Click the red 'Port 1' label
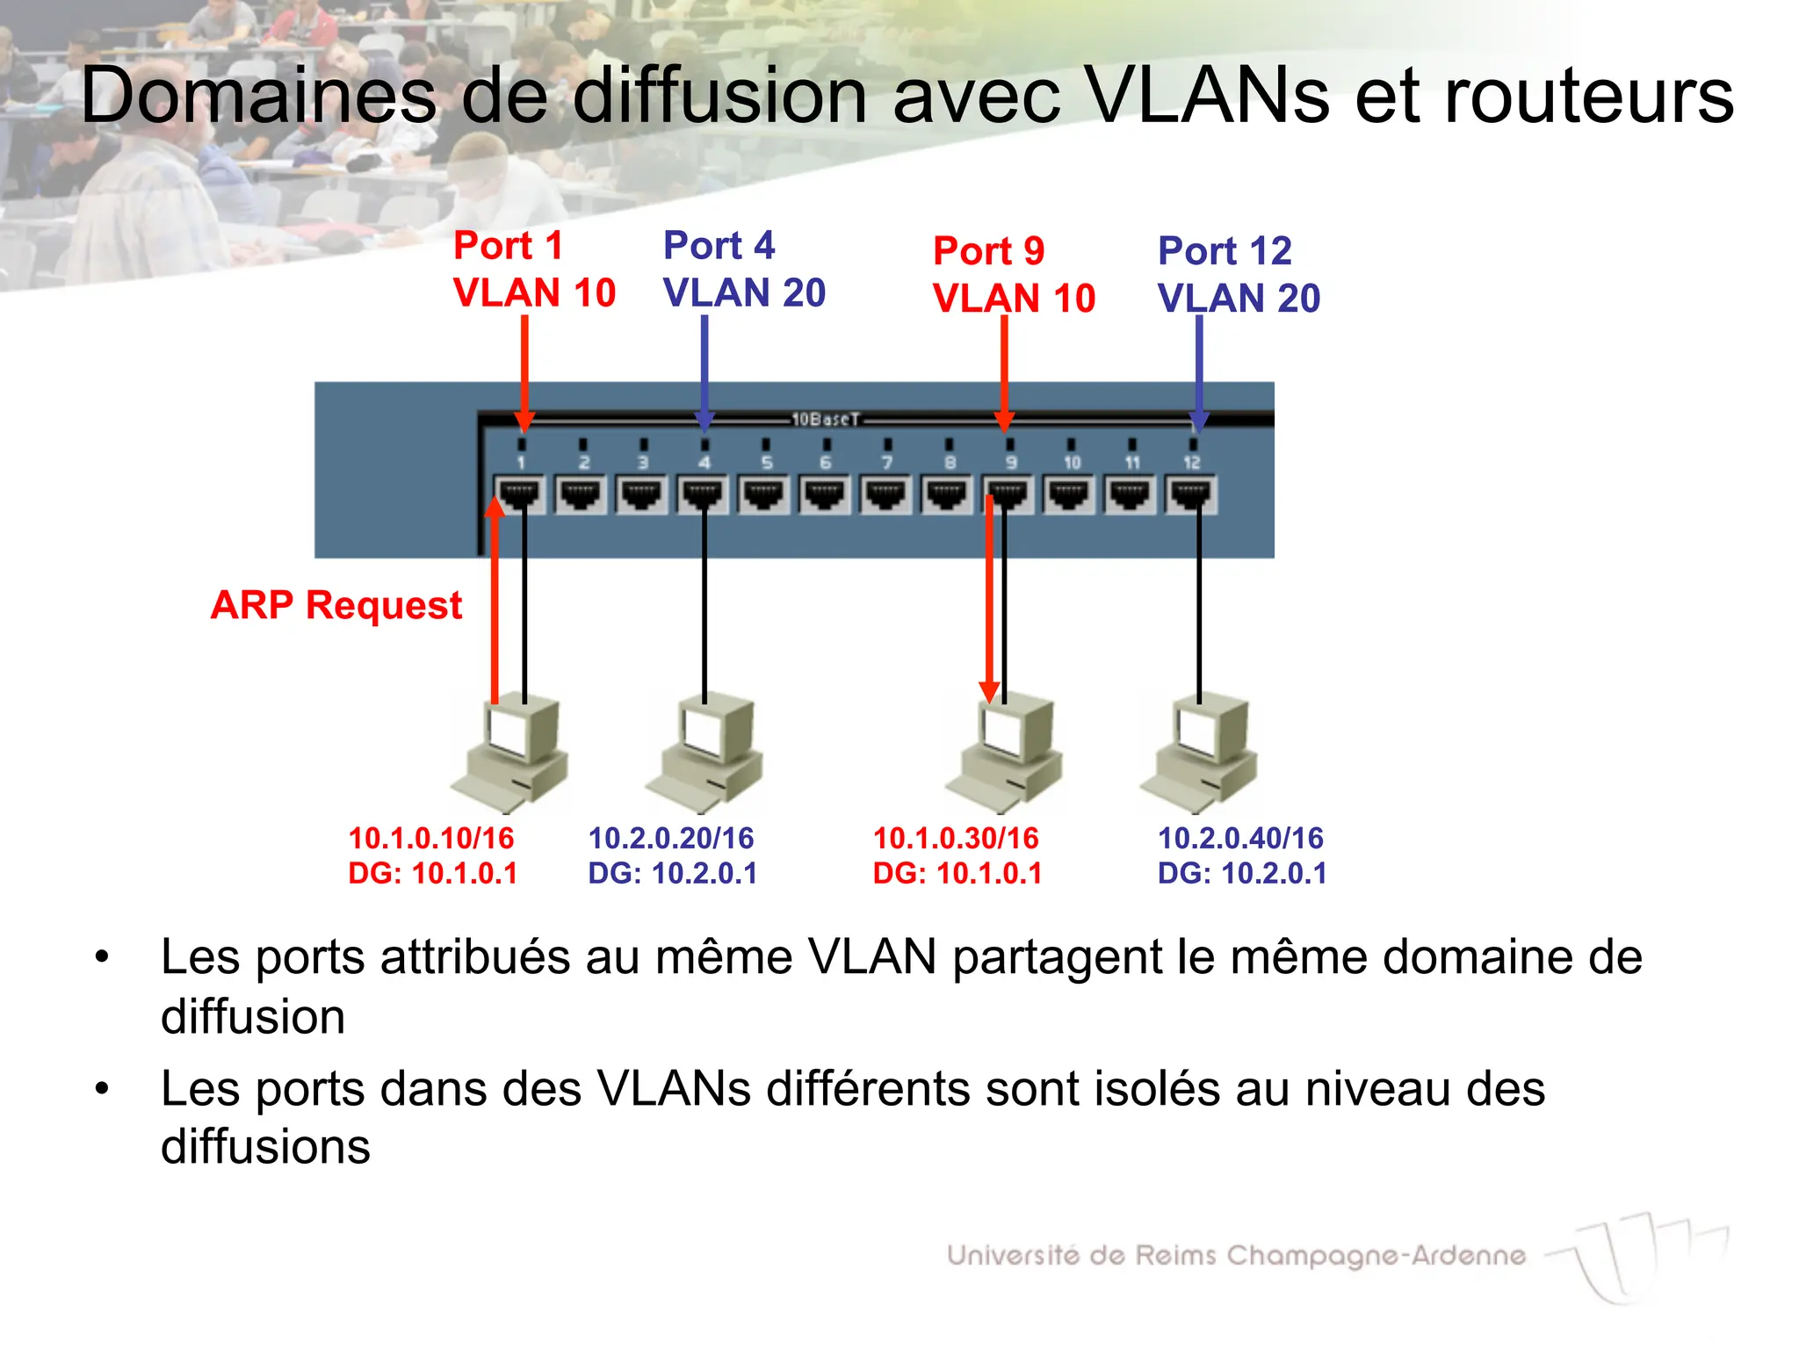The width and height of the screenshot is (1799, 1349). click(x=508, y=245)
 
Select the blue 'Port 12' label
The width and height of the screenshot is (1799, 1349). click(x=1225, y=251)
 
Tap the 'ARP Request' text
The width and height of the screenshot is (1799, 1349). click(x=336, y=605)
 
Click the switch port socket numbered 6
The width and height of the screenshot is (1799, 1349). click(x=825, y=494)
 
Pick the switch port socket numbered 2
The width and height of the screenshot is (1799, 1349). click(x=582, y=494)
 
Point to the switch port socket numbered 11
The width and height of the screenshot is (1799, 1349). click(x=1130, y=494)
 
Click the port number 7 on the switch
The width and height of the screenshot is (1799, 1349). click(x=887, y=463)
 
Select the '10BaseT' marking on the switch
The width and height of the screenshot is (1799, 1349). click(x=825, y=419)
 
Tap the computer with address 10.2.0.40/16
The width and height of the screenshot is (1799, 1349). click(x=1200, y=751)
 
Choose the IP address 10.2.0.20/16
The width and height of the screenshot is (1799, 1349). click(x=671, y=838)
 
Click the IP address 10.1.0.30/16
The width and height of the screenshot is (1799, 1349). click(x=956, y=838)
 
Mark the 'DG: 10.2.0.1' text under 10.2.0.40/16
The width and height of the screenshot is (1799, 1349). click(x=1242, y=874)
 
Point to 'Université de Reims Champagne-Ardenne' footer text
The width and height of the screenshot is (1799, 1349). click(x=1236, y=1255)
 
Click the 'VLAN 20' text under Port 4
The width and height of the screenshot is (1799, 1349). click(x=744, y=292)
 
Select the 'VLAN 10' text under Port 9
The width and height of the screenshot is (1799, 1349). click(x=1014, y=299)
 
